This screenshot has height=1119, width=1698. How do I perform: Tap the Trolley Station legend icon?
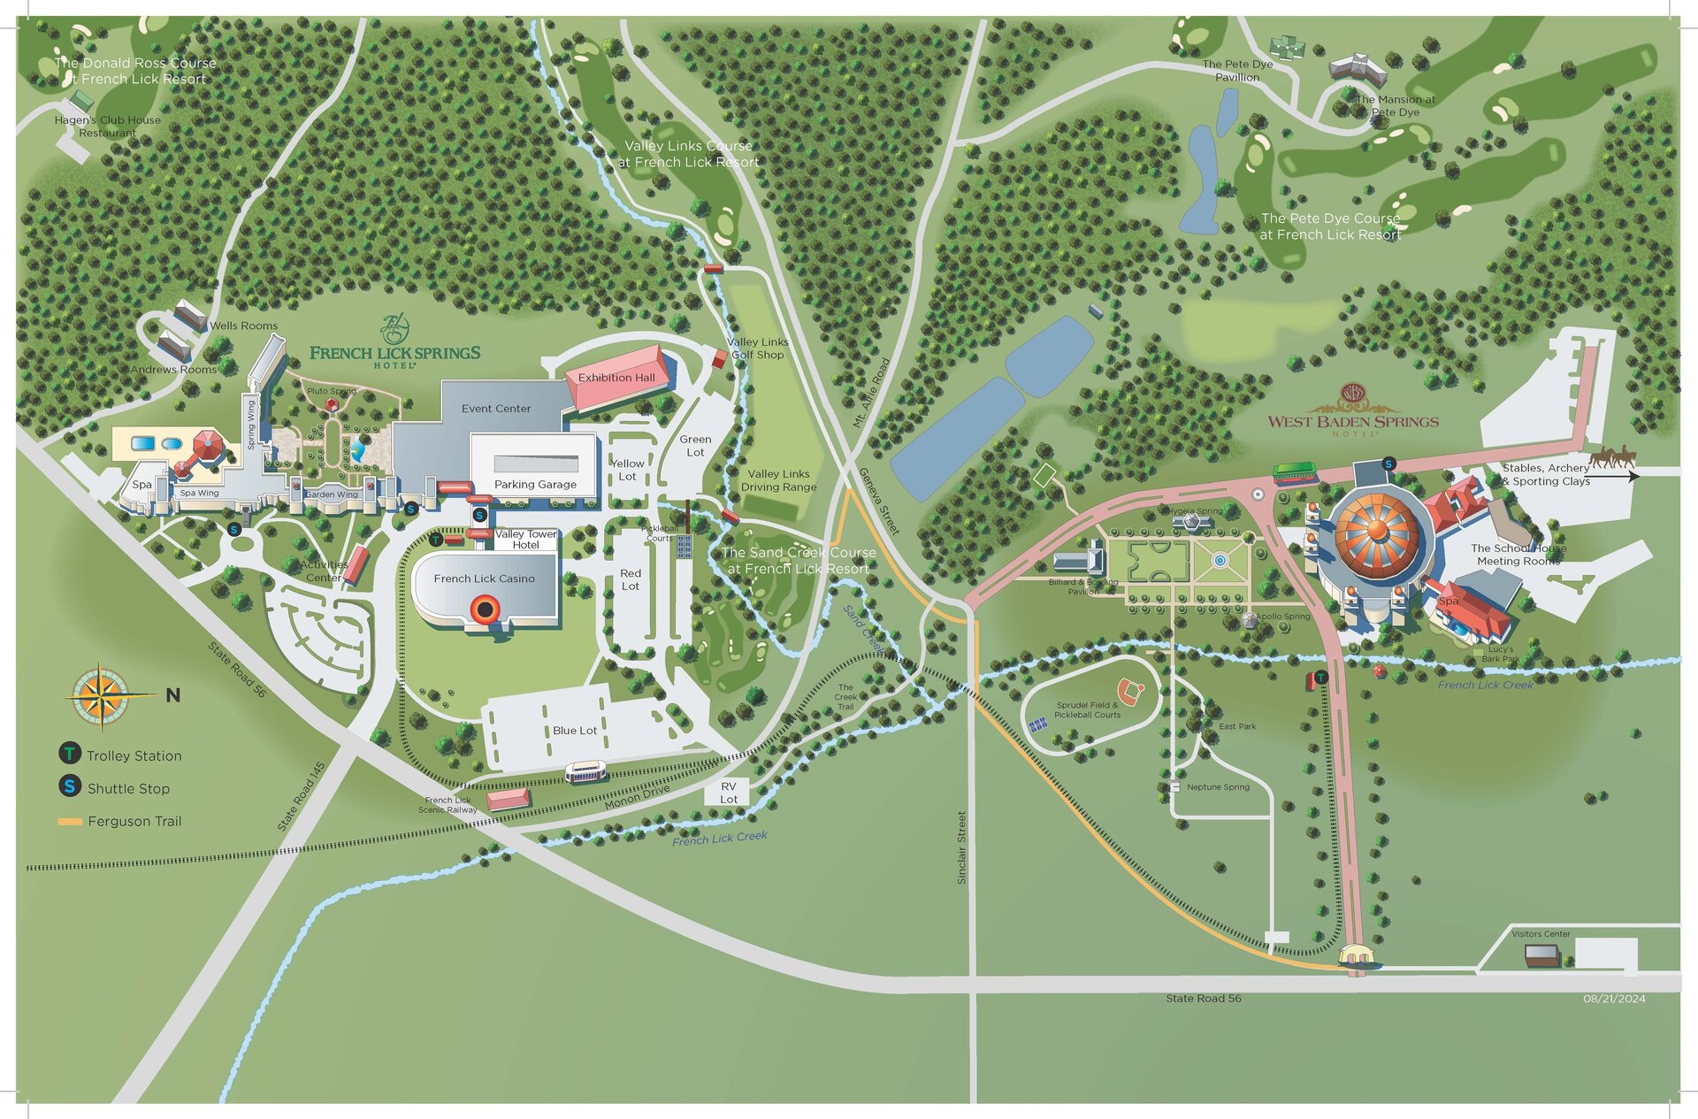(69, 754)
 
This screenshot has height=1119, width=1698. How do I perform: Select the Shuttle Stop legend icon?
(69, 786)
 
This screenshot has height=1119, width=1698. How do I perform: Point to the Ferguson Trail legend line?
(70, 822)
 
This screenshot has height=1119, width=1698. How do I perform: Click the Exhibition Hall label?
(616, 378)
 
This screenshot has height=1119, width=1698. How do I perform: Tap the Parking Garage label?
(535, 485)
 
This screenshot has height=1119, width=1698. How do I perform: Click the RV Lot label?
(728, 793)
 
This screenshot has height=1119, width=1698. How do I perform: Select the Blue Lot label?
(575, 731)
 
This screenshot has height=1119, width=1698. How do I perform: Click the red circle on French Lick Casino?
(485, 609)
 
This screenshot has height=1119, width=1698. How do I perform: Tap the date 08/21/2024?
(1614, 999)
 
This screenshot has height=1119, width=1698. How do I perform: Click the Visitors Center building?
(1541, 955)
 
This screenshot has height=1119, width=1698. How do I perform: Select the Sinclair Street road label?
(961, 847)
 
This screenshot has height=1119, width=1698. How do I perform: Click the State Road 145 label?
(302, 796)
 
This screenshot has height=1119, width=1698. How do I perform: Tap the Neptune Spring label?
(1218, 787)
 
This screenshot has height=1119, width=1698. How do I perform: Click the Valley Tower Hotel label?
(525, 540)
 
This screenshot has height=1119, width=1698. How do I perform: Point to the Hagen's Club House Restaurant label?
(108, 126)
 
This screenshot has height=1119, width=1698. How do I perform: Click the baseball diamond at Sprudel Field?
(1129, 689)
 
